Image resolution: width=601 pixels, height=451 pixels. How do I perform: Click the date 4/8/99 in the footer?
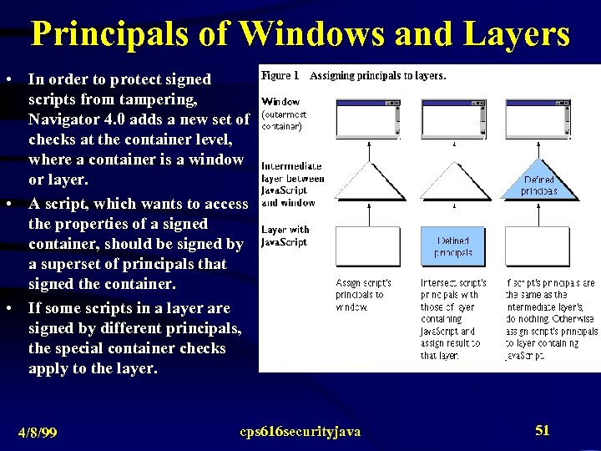coord(38,432)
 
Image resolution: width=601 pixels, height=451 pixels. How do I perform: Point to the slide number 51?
coord(543,430)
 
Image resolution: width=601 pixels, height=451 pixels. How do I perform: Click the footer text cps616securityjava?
coord(300,431)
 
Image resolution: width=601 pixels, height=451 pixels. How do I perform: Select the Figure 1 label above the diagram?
coord(281,75)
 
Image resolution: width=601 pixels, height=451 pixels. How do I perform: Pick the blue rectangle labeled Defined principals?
coord(453,246)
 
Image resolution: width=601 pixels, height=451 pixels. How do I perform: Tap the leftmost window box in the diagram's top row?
coord(367,118)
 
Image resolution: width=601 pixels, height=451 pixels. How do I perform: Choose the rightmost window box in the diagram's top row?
coord(539,118)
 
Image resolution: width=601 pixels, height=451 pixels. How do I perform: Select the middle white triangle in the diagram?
coord(454,180)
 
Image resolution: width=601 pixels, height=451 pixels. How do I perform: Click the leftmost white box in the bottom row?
coord(368,246)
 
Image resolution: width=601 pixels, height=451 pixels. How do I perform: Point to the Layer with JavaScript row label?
coord(285,236)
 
